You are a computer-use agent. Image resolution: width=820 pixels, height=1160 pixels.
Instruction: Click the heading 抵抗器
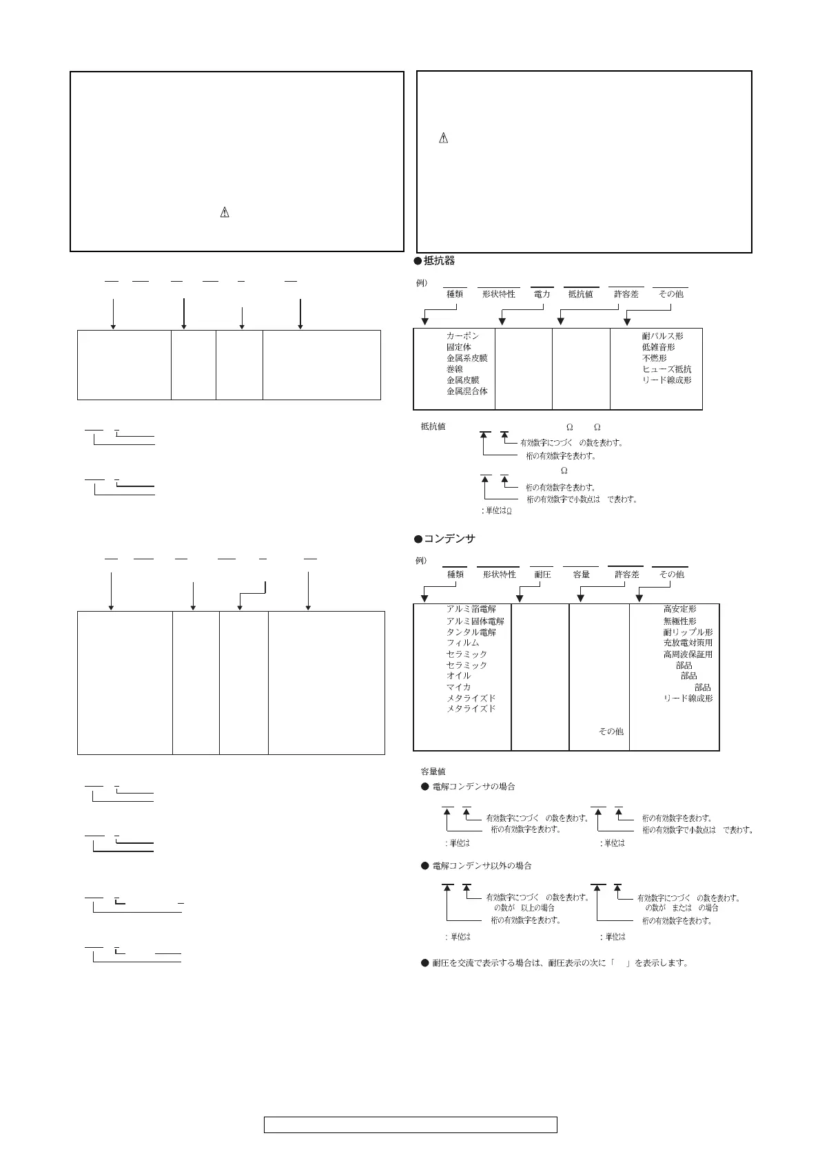pyautogui.click(x=439, y=261)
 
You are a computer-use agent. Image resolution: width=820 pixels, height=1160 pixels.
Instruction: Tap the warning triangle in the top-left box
pyautogui.click(x=224, y=213)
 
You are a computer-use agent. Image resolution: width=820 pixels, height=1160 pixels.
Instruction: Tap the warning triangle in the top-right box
pyautogui.click(x=443, y=138)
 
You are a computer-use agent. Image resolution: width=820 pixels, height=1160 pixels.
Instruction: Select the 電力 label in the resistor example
pyautogui.click(x=542, y=294)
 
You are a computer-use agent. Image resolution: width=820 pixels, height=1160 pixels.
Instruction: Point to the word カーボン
pyautogui.click(x=462, y=336)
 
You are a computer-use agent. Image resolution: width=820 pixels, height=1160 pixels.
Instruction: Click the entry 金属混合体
pyautogui.click(x=467, y=391)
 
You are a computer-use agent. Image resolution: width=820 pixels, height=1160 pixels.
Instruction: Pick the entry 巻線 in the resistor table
pyautogui.click(x=455, y=369)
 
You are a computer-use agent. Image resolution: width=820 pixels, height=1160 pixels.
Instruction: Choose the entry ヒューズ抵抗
pyautogui.click(x=666, y=369)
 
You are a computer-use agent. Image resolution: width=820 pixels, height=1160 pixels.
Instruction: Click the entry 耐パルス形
pyautogui.click(x=662, y=336)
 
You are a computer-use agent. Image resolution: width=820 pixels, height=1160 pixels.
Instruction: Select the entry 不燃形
pyautogui.click(x=654, y=358)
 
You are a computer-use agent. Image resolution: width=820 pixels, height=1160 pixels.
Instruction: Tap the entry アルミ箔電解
pyautogui.click(x=471, y=610)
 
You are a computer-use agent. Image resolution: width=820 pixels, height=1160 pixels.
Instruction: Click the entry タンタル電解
pyautogui.click(x=471, y=632)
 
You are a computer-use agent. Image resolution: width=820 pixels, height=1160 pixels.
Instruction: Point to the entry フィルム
pyautogui.click(x=462, y=643)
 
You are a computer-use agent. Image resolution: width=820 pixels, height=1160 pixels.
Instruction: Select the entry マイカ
pyautogui.click(x=458, y=687)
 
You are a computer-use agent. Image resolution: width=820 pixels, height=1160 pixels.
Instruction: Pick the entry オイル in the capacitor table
pyautogui.click(x=458, y=676)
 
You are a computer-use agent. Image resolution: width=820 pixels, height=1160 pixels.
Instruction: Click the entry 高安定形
pyautogui.click(x=679, y=610)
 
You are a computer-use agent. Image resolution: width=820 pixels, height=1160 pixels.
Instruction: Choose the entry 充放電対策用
pyautogui.click(x=688, y=643)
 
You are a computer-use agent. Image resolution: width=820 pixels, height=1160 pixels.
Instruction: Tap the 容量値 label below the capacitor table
pyautogui.click(x=433, y=771)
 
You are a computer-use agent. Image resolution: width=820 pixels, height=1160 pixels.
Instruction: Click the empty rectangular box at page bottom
pyautogui.click(x=410, y=1126)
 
